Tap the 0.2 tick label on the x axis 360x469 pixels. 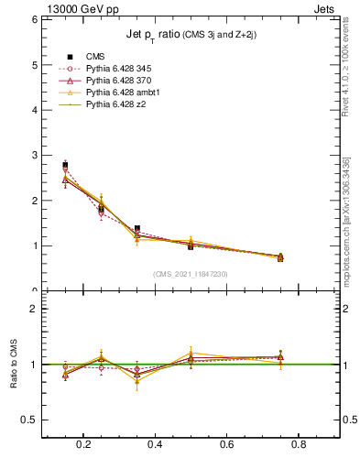(84, 445)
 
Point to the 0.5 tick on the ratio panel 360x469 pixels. (28, 420)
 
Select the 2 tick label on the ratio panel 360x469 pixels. (33, 310)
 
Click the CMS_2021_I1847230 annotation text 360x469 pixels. (191, 274)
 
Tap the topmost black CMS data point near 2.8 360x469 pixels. (65, 165)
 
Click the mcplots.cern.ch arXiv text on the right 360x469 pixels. (349, 215)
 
